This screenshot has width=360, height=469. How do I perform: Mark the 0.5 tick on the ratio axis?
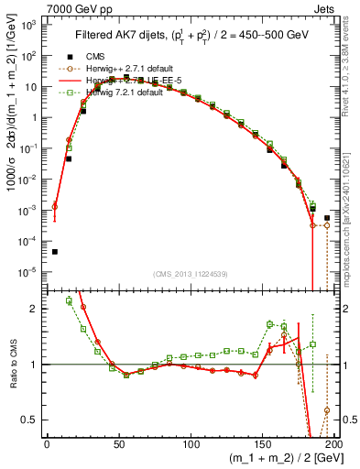pyautogui.click(x=32, y=420)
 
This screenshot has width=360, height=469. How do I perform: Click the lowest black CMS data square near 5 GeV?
pyautogui.click(x=54, y=252)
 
